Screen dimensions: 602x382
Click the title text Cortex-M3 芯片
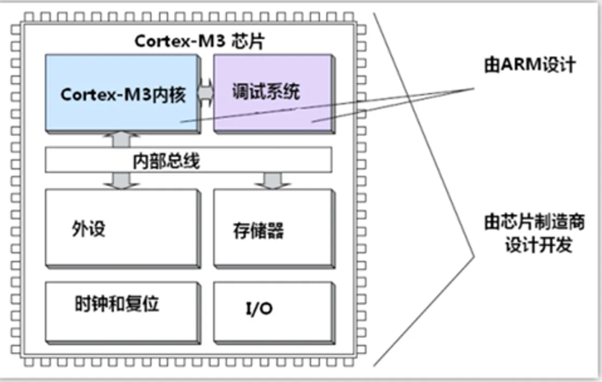point(199,41)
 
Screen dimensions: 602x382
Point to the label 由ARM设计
point(529,64)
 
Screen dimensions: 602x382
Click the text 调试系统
point(265,91)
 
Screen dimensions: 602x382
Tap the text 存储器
point(258,230)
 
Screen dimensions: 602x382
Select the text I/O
point(258,309)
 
